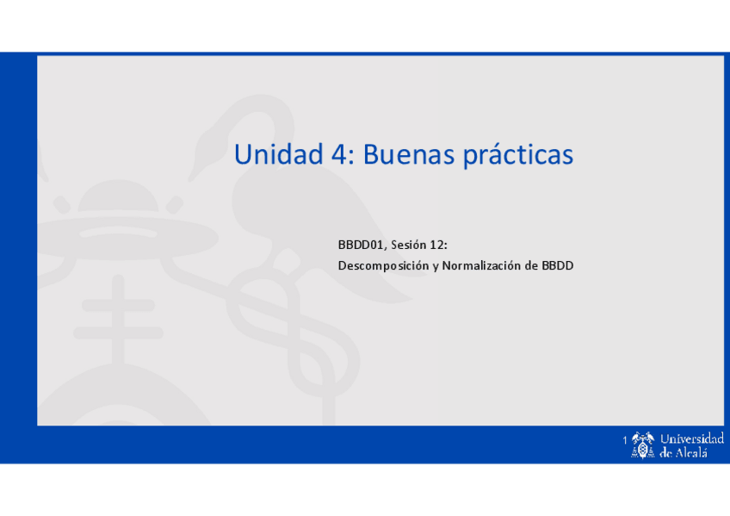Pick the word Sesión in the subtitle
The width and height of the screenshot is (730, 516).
409,246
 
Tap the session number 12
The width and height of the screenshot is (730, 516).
439,246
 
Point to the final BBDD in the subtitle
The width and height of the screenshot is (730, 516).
557,266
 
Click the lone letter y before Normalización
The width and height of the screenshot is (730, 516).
436,267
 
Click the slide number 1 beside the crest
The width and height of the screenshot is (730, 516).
625,441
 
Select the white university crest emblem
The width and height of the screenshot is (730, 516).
643,445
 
